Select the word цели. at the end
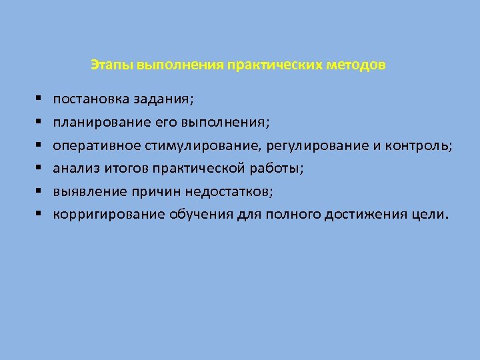(x=436, y=215)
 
